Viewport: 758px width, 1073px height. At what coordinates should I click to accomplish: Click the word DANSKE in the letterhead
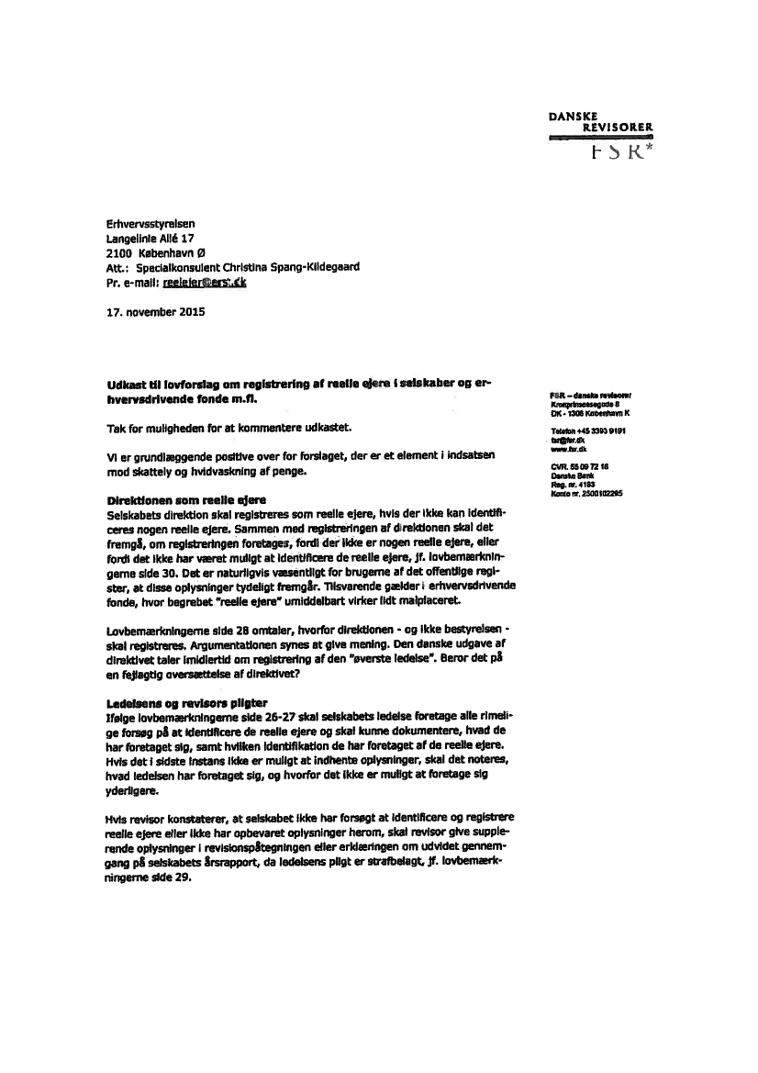(x=574, y=117)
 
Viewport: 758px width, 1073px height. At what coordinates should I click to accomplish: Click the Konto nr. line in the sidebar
(x=586, y=494)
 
